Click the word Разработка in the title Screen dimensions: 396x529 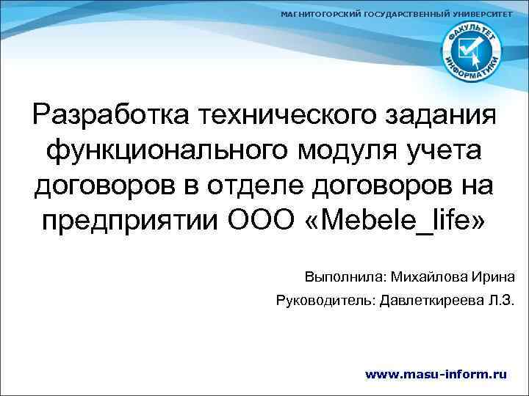click(x=110, y=116)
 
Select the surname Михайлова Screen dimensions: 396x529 click(x=426, y=278)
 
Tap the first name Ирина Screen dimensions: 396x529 click(x=494, y=278)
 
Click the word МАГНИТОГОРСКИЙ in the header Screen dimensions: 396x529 click(x=321, y=15)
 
